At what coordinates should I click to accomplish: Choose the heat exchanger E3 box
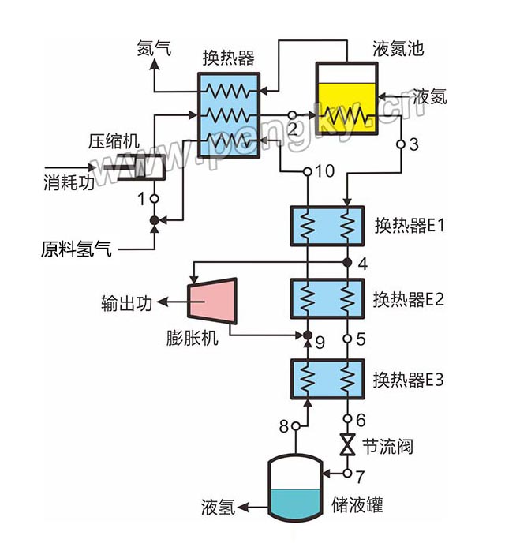click(x=326, y=379)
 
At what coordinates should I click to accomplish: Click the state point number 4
click(x=362, y=264)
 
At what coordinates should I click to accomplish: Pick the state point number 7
click(x=361, y=474)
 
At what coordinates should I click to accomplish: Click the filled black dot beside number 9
click(x=308, y=336)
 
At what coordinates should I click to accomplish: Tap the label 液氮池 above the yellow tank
click(x=398, y=49)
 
